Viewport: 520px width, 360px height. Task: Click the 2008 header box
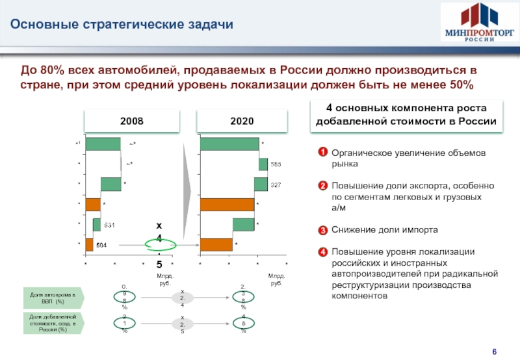coord(132,121)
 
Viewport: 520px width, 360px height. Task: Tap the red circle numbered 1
coord(322,153)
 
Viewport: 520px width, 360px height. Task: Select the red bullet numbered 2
coord(322,186)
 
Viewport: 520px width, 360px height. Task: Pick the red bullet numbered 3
coord(322,230)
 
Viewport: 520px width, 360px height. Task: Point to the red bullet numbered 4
coord(322,251)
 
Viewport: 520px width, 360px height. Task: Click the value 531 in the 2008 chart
coord(110,225)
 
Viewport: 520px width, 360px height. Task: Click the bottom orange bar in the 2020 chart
coord(216,244)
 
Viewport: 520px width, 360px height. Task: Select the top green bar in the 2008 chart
coord(103,144)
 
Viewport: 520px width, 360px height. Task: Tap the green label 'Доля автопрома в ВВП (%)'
coord(53,300)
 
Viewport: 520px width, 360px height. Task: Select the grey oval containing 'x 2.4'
coord(183,299)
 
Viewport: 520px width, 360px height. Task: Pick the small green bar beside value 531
coord(97,225)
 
